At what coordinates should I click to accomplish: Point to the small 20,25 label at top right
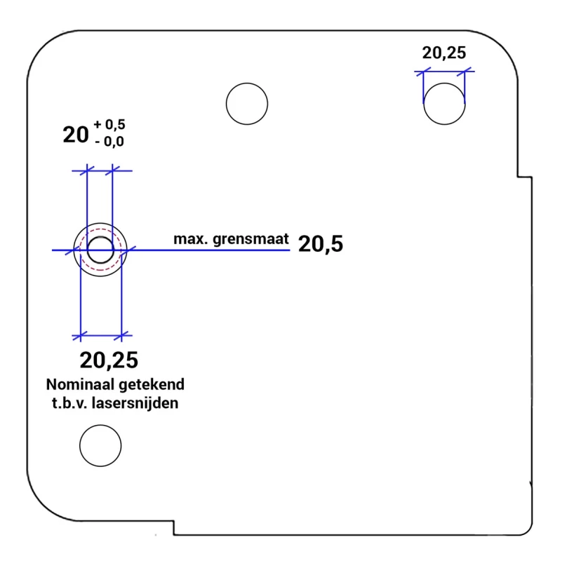click(x=444, y=53)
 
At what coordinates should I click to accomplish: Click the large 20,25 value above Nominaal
click(x=109, y=360)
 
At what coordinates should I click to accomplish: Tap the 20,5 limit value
click(x=321, y=244)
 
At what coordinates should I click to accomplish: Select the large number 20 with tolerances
click(x=76, y=135)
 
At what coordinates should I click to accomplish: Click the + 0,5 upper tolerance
click(x=109, y=125)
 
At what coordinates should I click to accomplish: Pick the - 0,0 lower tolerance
click(x=109, y=142)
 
